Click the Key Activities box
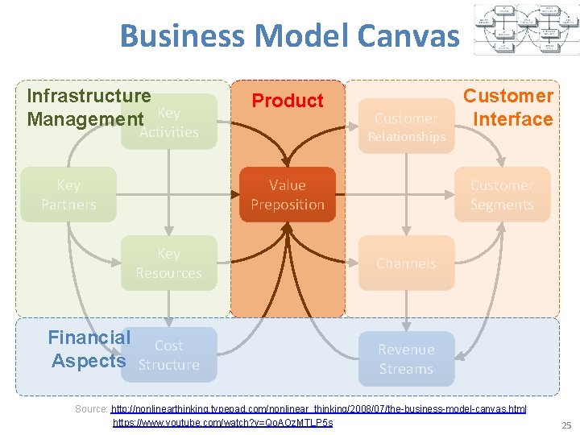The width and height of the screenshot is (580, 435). [168, 122]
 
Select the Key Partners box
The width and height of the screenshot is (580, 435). [68, 194]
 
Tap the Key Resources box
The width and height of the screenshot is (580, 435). [168, 263]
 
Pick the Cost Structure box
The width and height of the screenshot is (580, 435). [168, 354]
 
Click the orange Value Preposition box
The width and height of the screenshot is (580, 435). [287, 194]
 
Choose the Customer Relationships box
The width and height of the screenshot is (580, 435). [406, 126]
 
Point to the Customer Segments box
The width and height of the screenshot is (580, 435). [502, 194]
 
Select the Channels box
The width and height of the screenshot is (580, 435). [406, 263]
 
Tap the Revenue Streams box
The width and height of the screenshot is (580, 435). [406, 359]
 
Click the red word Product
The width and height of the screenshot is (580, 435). [288, 101]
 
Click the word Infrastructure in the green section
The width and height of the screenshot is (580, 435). [89, 96]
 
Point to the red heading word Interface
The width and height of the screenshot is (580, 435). [513, 119]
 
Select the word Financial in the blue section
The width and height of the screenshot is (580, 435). [89, 338]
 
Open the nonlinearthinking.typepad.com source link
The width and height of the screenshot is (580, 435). [319, 409]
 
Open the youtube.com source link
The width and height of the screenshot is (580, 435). [222, 422]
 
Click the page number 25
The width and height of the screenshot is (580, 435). [565, 425]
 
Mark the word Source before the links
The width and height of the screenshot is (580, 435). [91, 409]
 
